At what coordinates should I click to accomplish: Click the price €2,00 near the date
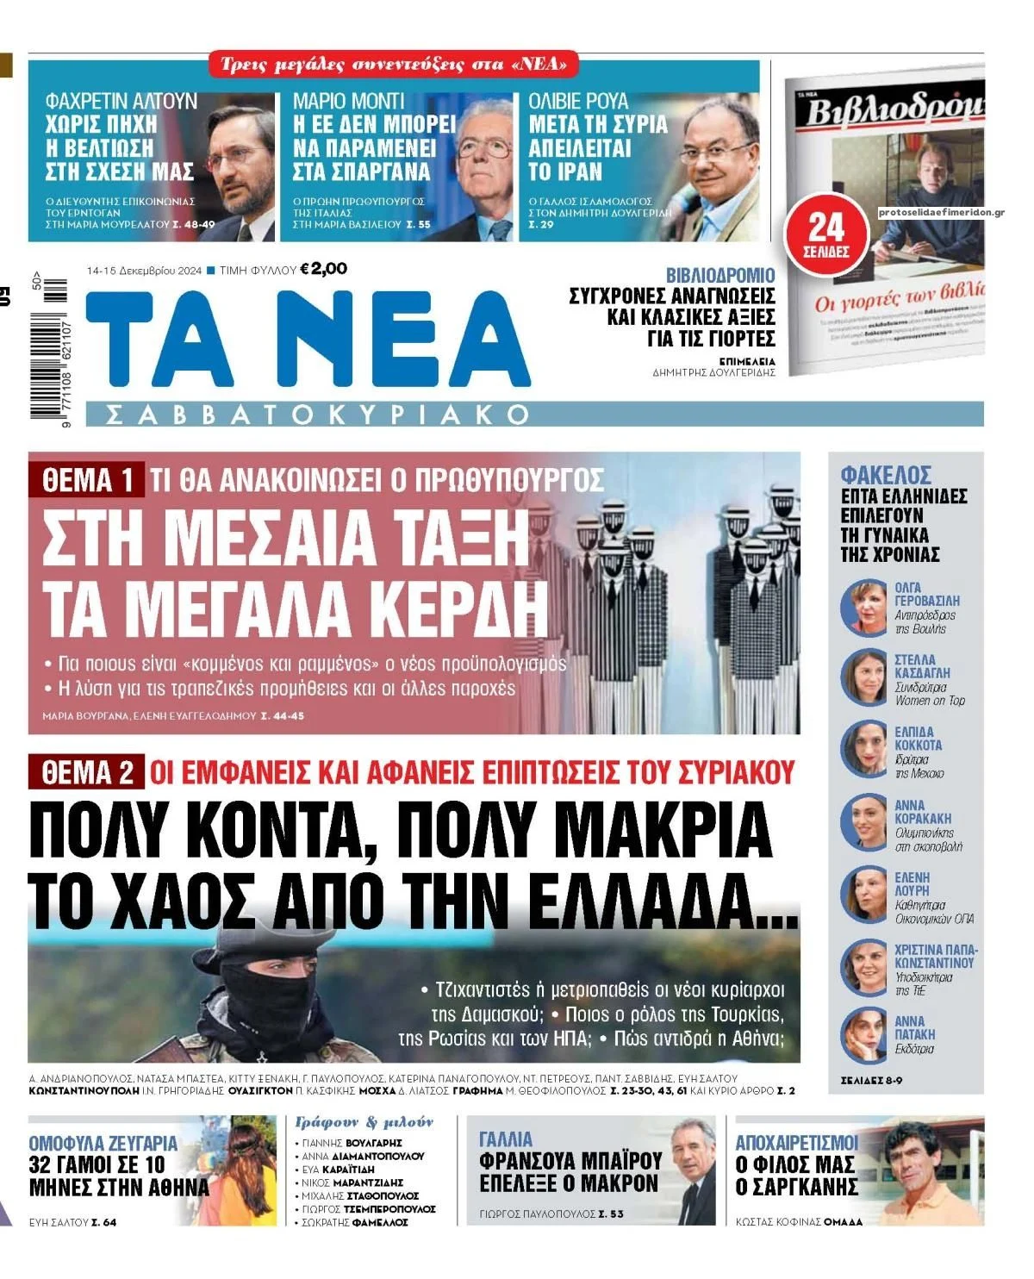[323, 269]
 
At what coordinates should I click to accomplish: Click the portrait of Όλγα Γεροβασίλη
[863, 608]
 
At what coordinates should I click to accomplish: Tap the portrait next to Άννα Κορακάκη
[863, 822]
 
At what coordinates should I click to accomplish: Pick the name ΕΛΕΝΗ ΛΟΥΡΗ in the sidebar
[913, 883]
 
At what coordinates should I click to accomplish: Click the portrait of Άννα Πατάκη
[863, 1033]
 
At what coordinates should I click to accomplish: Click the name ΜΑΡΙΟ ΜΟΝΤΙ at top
[349, 102]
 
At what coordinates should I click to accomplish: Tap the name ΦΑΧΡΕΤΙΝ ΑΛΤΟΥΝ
[121, 102]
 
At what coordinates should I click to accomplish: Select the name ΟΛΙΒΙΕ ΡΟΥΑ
[578, 102]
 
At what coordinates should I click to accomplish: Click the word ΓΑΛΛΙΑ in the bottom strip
[507, 1139]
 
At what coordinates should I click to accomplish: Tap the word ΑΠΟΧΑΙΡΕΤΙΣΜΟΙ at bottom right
[796, 1143]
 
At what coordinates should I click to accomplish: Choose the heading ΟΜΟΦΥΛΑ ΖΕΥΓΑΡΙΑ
[103, 1144]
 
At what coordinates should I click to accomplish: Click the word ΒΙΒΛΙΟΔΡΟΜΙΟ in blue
[720, 275]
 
